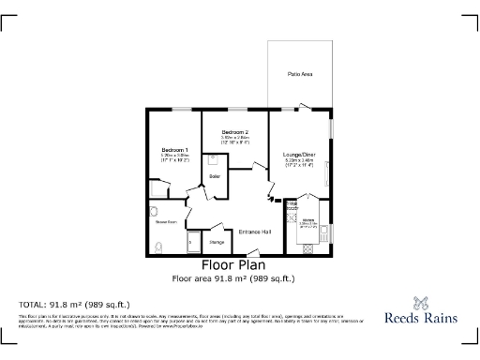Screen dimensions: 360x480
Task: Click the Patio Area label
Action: tap(300, 73)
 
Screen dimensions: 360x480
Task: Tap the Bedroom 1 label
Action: tap(174, 150)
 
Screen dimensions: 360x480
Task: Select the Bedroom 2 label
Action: tap(234, 132)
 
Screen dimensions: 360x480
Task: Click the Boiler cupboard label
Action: tap(215, 176)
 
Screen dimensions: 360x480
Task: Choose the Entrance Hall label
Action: tap(254, 232)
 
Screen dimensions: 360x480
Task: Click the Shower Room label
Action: tap(167, 221)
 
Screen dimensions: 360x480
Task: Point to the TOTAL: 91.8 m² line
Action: tap(74, 305)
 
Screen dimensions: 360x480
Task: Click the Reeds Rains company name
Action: tap(421, 318)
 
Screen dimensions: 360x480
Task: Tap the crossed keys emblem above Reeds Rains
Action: tap(421, 302)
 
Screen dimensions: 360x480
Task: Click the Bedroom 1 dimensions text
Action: tap(174, 157)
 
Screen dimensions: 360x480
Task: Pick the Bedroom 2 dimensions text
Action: tap(234, 140)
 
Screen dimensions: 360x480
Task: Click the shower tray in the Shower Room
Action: tap(193, 243)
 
